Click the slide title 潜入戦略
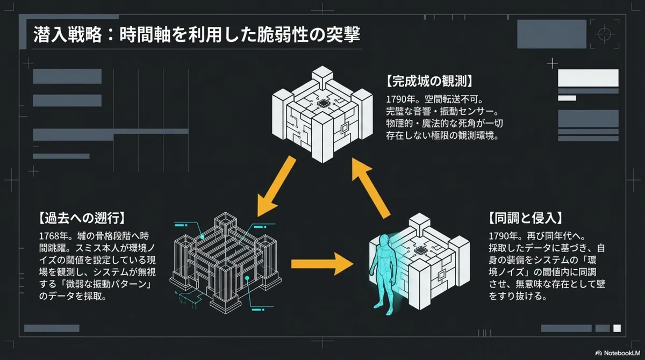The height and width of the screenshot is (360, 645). pyautogui.click(x=68, y=35)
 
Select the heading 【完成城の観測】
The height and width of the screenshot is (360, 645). pyautogui.click(x=429, y=82)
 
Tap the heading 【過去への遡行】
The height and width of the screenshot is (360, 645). pyautogui.click(x=82, y=218)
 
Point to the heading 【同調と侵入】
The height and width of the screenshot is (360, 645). pyautogui.click(x=525, y=218)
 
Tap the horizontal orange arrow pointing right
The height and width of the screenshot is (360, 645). pyautogui.click(x=322, y=264)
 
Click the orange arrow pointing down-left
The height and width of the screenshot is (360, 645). pyautogui.click(x=276, y=187)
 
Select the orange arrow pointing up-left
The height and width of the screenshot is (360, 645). pyautogui.click(x=371, y=188)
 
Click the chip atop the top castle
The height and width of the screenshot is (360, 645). pyautogui.click(x=323, y=103)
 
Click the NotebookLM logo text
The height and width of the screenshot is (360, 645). pyautogui.click(x=622, y=353)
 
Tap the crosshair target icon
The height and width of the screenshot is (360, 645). pyautogui.click(x=604, y=34)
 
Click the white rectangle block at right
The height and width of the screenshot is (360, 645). pyautogui.click(x=588, y=78)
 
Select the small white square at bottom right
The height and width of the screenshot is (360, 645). pyautogui.click(x=617, y=328)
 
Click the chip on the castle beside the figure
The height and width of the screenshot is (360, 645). pyautogui.click(x=420, y=250)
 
